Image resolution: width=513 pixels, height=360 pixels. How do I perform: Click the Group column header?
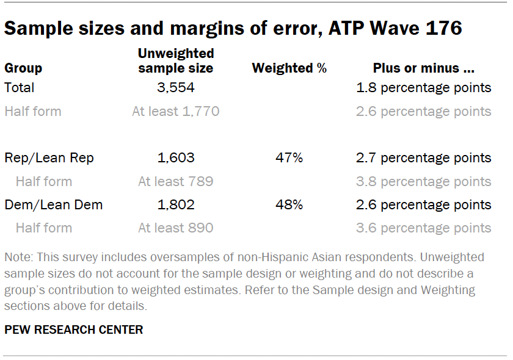click(23, 68)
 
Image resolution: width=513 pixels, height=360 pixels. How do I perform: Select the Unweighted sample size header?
click(176, 61)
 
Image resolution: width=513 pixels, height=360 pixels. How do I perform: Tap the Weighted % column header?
click(289, 68)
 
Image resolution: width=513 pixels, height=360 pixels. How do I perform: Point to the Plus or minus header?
click(424, 68)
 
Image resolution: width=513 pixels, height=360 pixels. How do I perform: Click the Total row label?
click(20, 88)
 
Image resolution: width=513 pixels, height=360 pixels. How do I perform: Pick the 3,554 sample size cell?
click(176, 88)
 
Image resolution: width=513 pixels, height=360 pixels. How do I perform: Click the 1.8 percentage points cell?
click(424, 88)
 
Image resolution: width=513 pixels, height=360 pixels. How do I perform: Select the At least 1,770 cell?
click(176, 112)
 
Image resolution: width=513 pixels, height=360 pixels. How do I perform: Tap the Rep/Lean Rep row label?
click(49, 158)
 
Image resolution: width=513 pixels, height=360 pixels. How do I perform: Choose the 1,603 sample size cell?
click(176, 158)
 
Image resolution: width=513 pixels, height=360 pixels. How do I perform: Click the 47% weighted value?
click(289, 158)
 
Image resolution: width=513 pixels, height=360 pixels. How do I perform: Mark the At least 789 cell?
click(176, 182)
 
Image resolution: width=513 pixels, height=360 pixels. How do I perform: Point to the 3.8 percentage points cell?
click(424, 182)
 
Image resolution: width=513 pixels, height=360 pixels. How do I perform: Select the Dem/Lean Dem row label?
click(54, 205)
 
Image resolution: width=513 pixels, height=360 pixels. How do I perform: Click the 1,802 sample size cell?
click(176, 205)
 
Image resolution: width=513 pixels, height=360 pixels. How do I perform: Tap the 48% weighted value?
click(289, 205)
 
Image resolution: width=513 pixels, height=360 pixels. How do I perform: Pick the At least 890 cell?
click(176, 228)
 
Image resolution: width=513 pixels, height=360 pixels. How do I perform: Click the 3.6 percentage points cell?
click(424, 228)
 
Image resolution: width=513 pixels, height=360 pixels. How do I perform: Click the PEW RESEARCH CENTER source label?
click(74, 330)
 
